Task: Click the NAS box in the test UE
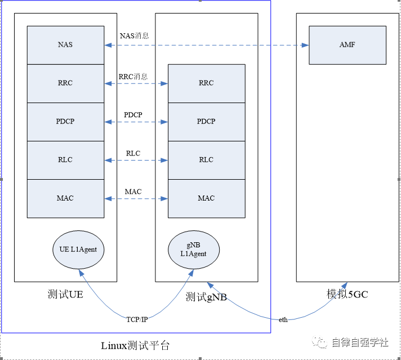tap(65, 45)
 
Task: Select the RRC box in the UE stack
tap(65, 83)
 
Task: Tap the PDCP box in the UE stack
tap(65, 122)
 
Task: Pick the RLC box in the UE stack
tap(65, 160)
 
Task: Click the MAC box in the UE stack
tap(65, 198)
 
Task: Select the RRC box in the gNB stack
tap(206, 83)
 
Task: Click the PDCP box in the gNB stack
tap(206, 122)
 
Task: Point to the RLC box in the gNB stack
tap(206, 160)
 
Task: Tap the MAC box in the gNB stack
tap(206, 198)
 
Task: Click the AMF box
tap(347, 45)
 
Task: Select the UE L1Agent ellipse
tap(79, 249)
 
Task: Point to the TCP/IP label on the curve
tap(137, 319)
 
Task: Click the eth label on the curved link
tap(283, 319)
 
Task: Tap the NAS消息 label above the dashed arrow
tap(134, 36)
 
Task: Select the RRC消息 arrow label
tap(133, 76)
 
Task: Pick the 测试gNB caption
tap(206, 297)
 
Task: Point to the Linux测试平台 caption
tap(135, 345)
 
